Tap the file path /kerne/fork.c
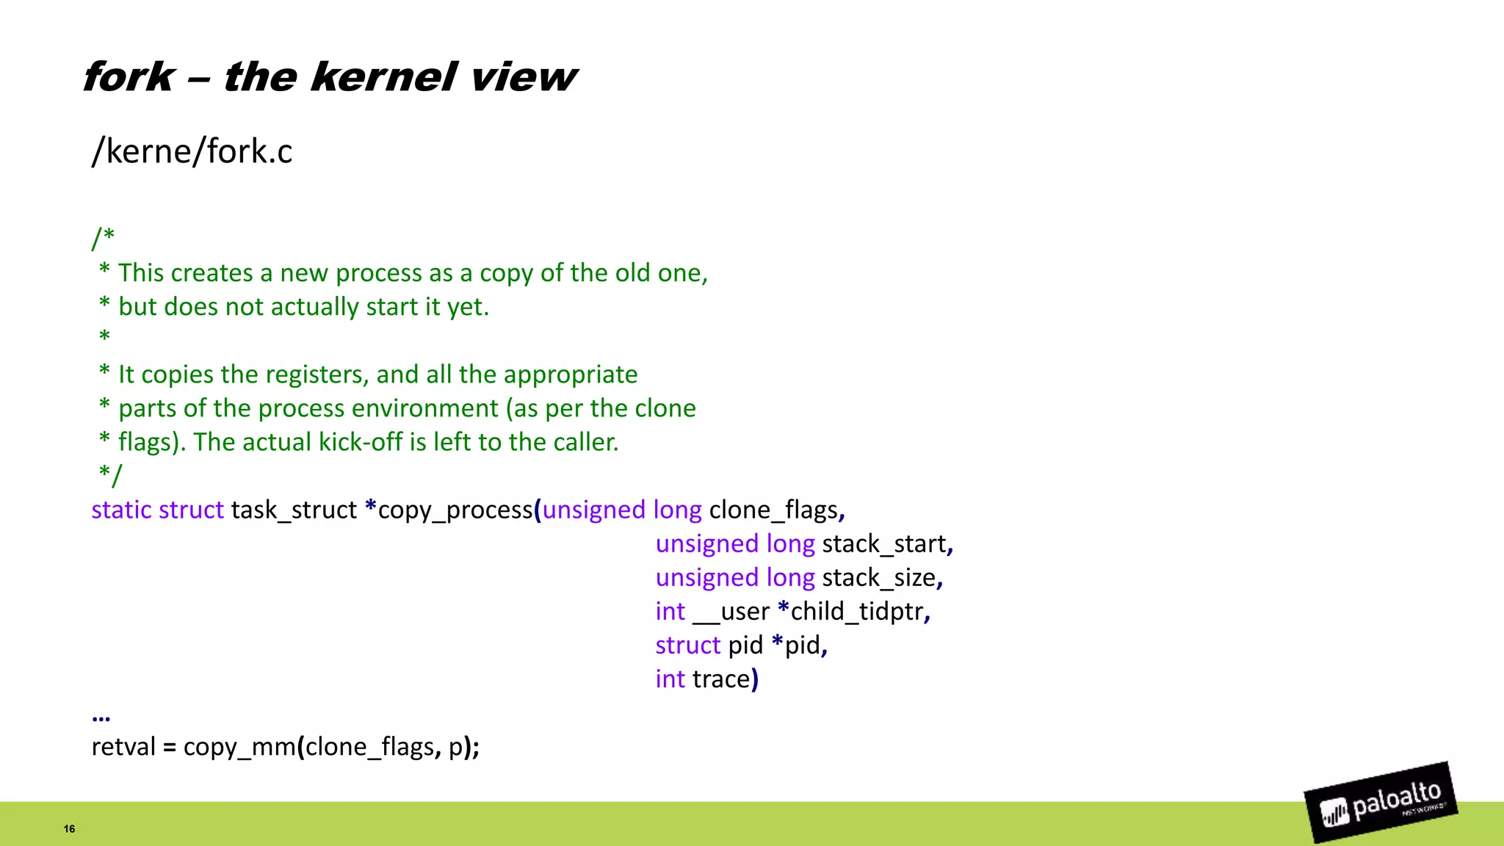pos(192,151)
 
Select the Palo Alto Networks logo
pos(1381,803)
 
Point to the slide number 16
pos(69,828)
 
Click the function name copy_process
pos(455,510)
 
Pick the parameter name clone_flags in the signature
pos(773,510)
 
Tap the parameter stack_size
pos(879,577)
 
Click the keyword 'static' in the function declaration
pos(121,510)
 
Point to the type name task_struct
pos(294,510)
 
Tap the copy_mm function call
pos(239,747)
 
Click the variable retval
pos(123,747)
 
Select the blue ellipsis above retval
pos(101,717)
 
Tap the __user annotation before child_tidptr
pos(731,611)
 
